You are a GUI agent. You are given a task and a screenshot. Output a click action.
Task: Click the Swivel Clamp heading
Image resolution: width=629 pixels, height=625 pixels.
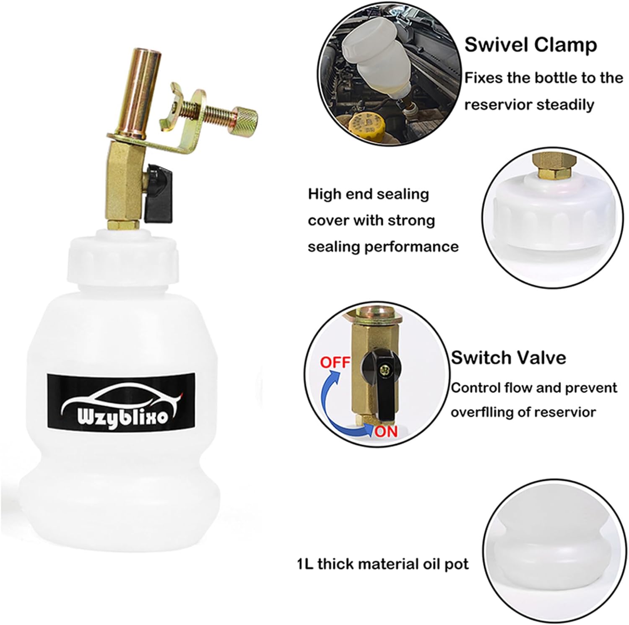531,45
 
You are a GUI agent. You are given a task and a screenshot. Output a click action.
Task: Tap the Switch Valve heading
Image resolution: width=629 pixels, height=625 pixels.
509,358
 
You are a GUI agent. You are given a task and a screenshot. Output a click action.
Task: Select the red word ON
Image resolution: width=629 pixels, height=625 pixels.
386,431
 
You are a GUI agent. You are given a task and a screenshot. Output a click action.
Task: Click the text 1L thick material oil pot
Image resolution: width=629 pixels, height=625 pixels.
383,563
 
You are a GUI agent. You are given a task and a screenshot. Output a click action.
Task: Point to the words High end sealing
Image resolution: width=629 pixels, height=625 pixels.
369,195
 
